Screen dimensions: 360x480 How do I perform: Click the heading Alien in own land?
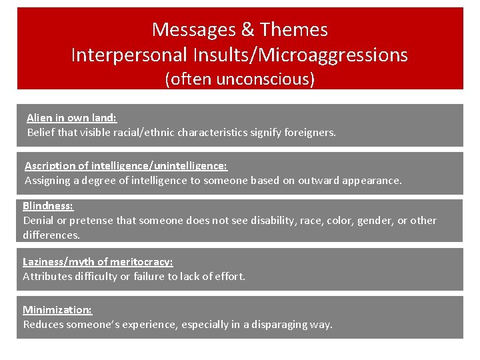71,117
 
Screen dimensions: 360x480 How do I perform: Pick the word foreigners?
310,132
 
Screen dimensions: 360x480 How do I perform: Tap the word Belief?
41,132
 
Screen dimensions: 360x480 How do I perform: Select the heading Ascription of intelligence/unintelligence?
126,165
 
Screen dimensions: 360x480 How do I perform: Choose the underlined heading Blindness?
48,206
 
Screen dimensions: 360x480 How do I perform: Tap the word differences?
51,235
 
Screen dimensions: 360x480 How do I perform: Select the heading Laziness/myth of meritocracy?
97,262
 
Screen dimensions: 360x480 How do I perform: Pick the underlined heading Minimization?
57,309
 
